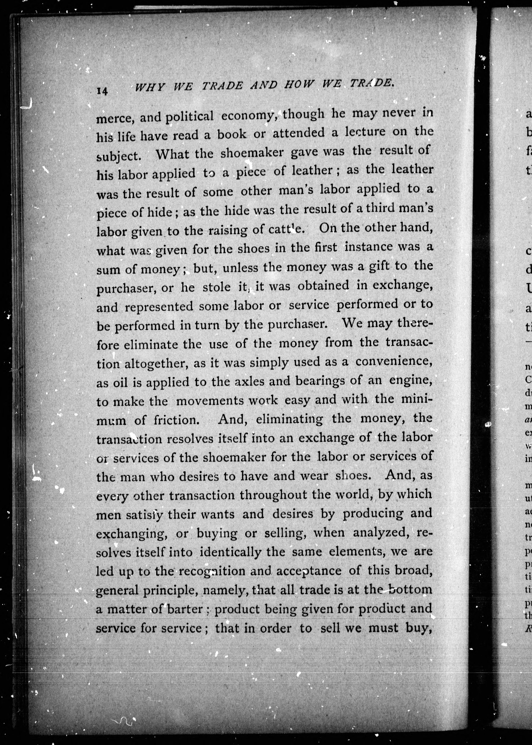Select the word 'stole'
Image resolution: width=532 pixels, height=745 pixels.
point(216,287)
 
